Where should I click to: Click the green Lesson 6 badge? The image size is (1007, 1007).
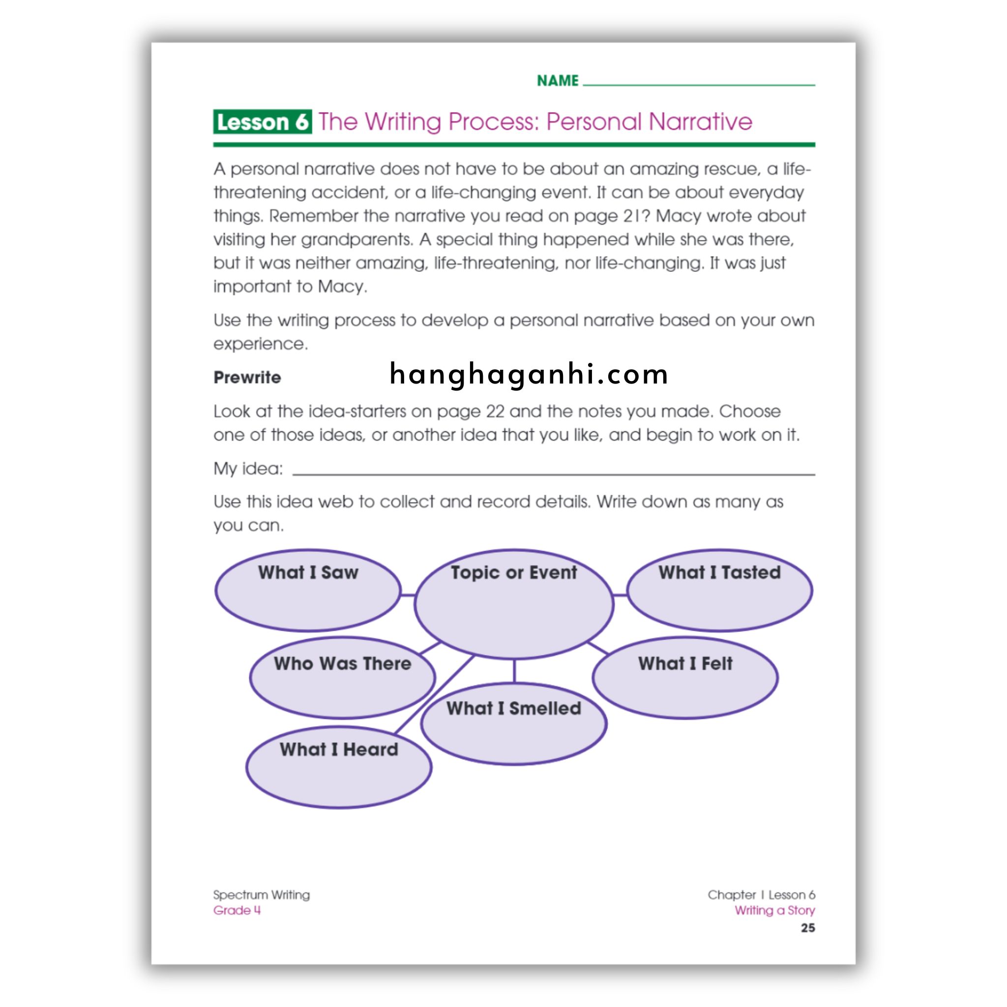click(262, 122)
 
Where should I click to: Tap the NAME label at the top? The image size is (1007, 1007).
click(558, 81)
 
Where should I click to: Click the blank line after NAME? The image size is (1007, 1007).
click(698, 84)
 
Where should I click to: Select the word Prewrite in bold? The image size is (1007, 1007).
click(247, 377)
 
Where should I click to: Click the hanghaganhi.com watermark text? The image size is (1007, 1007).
click(529, 375)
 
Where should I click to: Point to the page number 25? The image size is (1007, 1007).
click(807, 928)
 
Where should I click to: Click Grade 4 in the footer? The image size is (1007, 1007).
click(237, 911)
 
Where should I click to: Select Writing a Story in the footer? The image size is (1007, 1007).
click(774, 911)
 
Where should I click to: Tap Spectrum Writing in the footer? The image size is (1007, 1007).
click(261, 895)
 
